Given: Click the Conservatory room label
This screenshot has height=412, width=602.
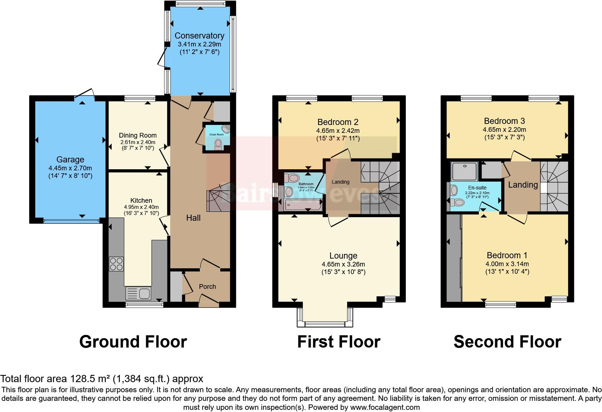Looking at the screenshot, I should [x=199, y=36].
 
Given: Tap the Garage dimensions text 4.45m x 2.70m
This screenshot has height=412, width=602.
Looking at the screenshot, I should [x=70, y=168].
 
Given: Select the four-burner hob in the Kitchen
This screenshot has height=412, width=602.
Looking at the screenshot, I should [x=116, y=264].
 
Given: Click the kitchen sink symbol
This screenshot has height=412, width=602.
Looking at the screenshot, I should [x=138, y=294].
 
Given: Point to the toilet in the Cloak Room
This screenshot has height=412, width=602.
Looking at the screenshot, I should [x=218, y=144].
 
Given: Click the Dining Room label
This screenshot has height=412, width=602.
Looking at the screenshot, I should [x=138, y=135].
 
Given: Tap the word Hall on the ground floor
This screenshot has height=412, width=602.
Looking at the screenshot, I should [x=193, y=218].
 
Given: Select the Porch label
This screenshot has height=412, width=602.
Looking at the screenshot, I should [x=207, y=287].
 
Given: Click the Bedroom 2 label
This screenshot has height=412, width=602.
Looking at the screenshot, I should [x=338, y=122].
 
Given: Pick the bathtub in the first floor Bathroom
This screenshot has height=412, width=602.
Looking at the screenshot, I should [x=300, y=206].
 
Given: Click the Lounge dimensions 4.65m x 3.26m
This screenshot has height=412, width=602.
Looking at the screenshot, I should [x=343, y=264].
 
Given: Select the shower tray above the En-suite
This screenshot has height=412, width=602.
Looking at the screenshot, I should [x=464, y=171].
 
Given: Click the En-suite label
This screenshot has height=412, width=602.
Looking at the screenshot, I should [x=477, y=188].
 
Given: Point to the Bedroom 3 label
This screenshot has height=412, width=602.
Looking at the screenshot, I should [x=504, y=121].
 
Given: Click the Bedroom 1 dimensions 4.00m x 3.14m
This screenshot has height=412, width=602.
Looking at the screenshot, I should [x=507, y=264].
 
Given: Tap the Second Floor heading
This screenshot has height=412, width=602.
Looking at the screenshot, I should [x=507, y=342].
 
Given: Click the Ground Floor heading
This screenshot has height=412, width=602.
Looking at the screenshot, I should [x=133, y=342].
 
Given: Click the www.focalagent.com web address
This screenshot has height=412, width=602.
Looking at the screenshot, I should [x=385, y=407].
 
